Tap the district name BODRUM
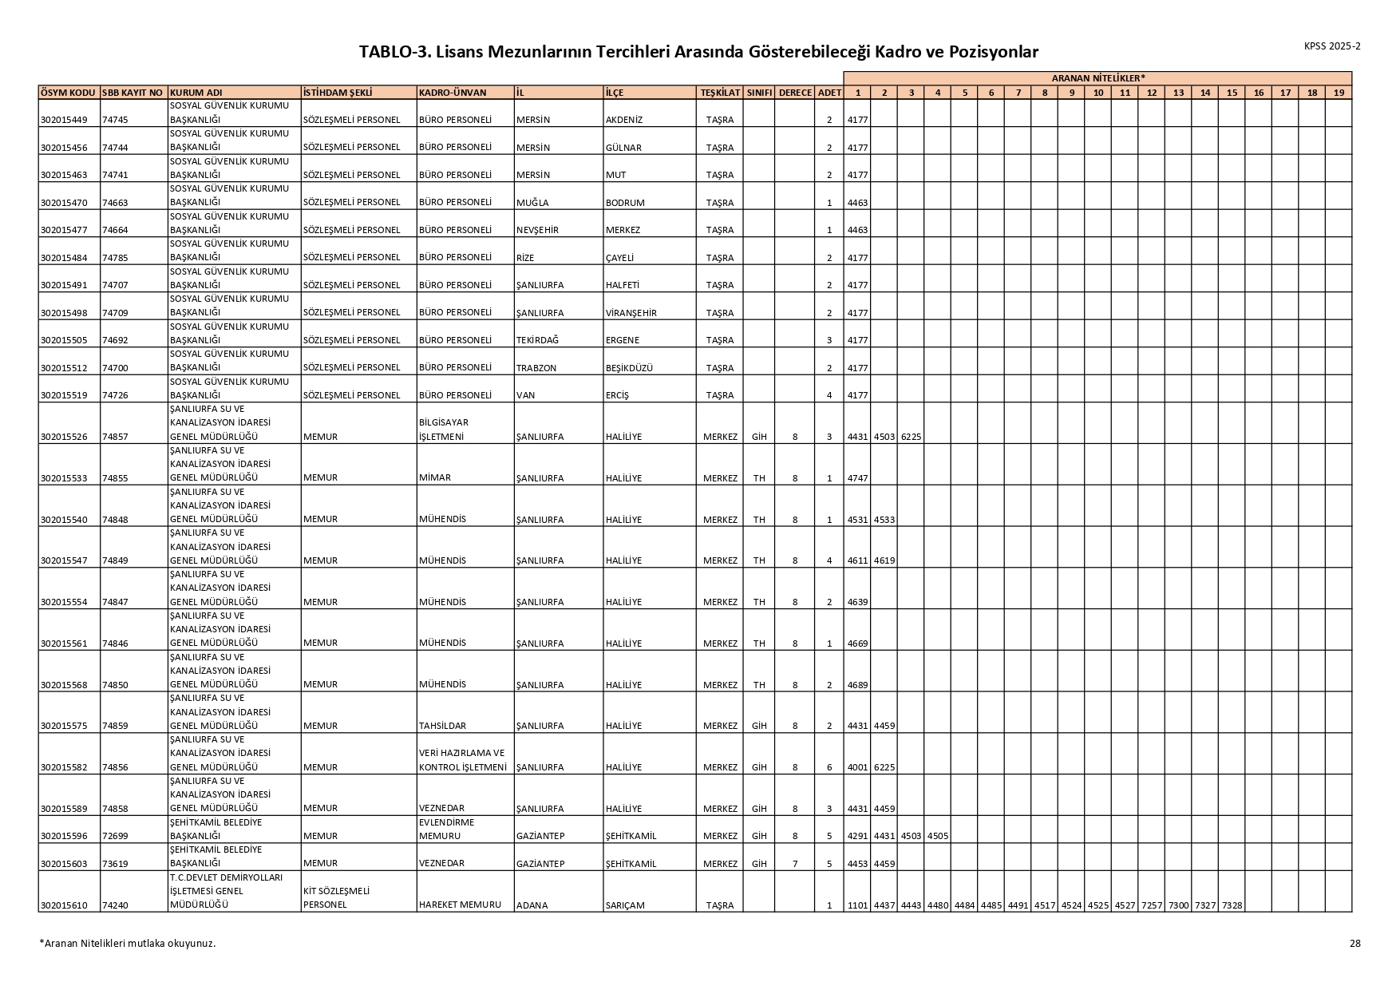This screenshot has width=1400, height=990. (x=625, y=203)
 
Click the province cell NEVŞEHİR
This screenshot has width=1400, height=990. (x=537, y=230)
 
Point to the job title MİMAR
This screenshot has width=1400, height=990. (x=435, y=477)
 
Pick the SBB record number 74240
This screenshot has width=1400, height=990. (x=116, y=905)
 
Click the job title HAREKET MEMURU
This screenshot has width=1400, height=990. (x=460, y=905)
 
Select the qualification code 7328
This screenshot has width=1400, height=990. (x=1232, y=905)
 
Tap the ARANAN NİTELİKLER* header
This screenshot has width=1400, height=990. (x=1097, y=77)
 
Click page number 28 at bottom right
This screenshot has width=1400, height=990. (x=1355, y=943)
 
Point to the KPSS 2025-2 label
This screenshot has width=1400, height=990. (x=1332, y=46)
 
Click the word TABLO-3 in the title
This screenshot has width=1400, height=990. (x=393, y=52)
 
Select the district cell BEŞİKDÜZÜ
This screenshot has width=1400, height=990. (x=629, y=368)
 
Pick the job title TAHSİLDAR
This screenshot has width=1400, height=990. (x=442, y=726)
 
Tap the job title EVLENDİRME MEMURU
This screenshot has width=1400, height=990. (x=446, y=829)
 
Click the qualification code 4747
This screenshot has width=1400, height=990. (x=857, y=478)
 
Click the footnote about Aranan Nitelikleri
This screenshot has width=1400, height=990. (x=128, y=943)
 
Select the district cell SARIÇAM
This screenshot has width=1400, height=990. (x=624, y=905)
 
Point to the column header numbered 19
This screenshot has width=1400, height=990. (x=1339, y=93)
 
